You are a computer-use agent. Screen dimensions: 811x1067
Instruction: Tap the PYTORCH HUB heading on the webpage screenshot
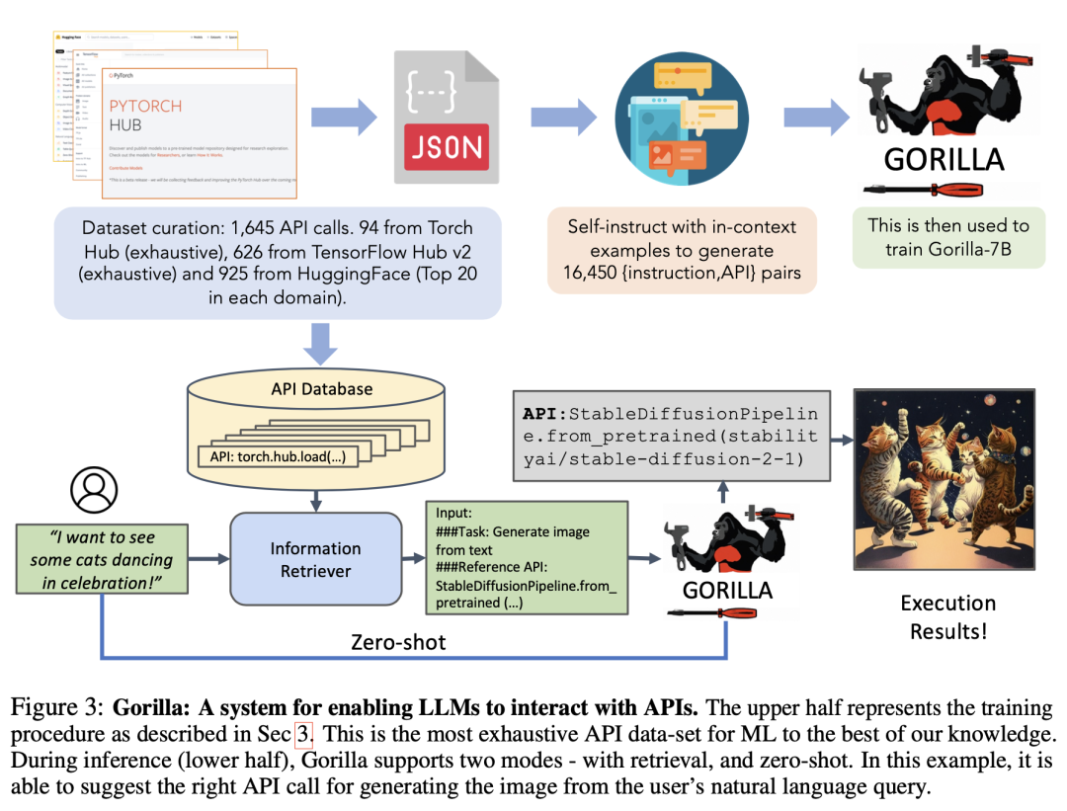point(145,116)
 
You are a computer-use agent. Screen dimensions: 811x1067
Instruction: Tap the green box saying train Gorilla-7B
point(947,237)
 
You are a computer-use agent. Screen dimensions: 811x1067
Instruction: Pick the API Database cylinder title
point(322,388)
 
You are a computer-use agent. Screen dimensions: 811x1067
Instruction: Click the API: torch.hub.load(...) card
point(276,456)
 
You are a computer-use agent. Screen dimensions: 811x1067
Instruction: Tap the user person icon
point(94,489)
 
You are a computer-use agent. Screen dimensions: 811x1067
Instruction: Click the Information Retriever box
point(316,559)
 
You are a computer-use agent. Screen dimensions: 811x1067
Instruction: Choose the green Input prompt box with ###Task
point(527,559)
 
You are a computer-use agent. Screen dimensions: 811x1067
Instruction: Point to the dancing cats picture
point(944,479)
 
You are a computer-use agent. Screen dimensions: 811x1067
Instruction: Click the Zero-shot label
point(398,642)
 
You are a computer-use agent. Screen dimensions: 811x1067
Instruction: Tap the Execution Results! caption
point(947,616)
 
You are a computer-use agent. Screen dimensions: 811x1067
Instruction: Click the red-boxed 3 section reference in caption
point(302,735)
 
